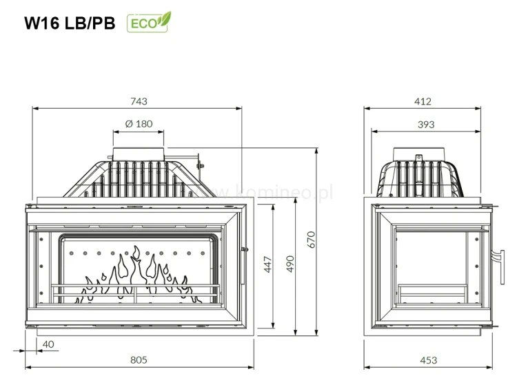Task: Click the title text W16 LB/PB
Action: point(70,23)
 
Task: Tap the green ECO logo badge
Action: point(148,23)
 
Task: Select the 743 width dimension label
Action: point(139,101)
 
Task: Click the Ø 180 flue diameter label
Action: point(139,124)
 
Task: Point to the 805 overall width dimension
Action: point(139,359)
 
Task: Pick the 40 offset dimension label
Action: point(48,344)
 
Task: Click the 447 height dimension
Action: point(267,264)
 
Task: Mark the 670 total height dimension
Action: point(312,240)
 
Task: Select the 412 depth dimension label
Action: point(423,101)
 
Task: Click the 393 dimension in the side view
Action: point(426,124)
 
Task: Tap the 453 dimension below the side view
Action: point(428,359)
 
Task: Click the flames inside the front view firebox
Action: point(138,275)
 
